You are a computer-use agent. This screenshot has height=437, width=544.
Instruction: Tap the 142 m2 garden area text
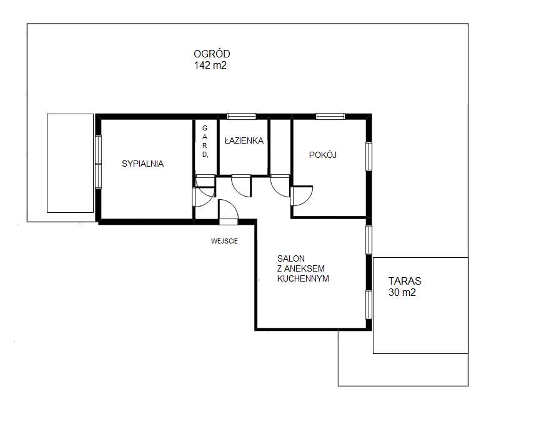coord(210,64)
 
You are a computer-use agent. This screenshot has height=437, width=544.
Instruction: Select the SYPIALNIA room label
coord(142,164)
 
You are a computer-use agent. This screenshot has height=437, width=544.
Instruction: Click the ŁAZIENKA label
coord(244,141)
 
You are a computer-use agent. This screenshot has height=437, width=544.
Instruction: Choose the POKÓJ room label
coord(322,155)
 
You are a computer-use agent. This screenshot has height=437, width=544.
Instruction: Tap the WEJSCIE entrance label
coord(224,240)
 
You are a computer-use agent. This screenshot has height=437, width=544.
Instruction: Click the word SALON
coord(290,258)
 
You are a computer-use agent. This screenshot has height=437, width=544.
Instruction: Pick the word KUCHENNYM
coord(303,279)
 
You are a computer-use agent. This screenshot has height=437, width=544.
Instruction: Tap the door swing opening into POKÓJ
coord(301,195)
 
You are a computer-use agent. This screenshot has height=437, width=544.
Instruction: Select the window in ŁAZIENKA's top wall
coord(241,115)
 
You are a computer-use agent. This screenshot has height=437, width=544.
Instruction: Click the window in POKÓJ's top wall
coord(330,115)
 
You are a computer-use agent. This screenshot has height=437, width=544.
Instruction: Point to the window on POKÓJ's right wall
coord(369,156)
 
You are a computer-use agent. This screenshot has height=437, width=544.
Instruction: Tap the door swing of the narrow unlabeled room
coord(280,185)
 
